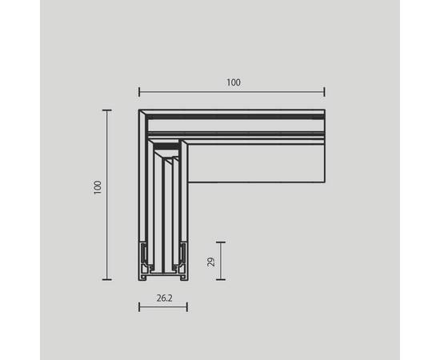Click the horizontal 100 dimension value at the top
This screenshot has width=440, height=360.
233,82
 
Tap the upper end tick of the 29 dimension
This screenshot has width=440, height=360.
221,242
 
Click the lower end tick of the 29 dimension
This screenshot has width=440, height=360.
221,279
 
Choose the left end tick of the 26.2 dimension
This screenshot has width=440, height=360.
139,307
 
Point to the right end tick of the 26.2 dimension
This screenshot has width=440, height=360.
186,307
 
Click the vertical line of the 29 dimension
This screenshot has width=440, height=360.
221,261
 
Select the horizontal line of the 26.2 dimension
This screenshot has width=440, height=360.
162,307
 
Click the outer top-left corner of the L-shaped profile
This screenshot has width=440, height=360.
139,110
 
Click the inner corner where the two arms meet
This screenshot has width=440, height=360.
187,182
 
